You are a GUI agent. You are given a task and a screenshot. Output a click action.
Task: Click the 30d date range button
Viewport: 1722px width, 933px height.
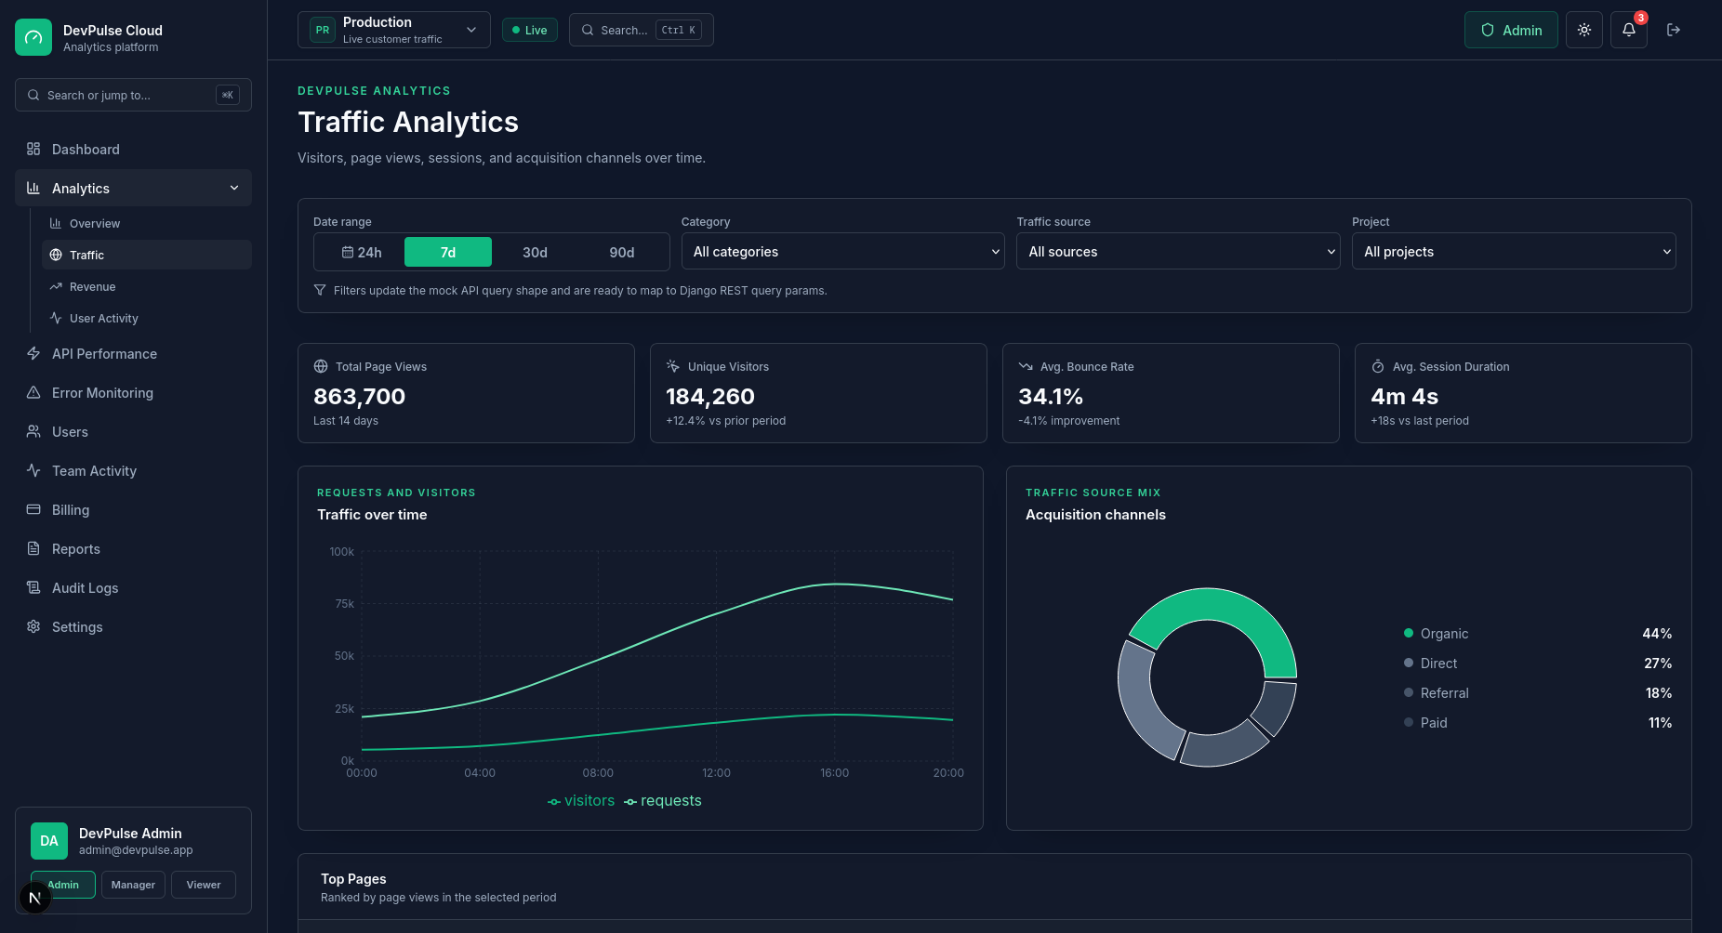tap(535, 252)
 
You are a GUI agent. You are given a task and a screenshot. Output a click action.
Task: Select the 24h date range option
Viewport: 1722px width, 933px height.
tap(362, 252)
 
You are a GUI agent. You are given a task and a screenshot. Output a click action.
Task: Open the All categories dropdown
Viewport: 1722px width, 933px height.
tap(842, 251)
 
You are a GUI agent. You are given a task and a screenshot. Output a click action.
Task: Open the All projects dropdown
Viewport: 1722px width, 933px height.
tap(1514, 251)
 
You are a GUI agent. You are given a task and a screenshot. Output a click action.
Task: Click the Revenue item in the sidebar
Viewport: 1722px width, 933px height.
tap(93, 286)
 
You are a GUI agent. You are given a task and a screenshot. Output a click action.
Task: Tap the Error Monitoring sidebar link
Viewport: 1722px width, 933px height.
tap(102, 393)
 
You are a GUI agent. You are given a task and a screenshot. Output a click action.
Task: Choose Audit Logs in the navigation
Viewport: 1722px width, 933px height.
tap(85, 588)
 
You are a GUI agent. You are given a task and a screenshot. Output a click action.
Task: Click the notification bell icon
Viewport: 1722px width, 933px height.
tap(1629, 30)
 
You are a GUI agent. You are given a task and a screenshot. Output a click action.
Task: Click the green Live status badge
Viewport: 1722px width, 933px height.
tap(530, 30)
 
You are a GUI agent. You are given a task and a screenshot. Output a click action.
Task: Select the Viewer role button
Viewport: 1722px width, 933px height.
tap(204, 885)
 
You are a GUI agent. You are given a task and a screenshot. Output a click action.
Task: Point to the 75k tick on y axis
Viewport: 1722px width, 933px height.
tap(344, 604)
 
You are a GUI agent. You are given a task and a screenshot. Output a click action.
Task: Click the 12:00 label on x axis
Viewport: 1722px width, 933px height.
tap(716, 773)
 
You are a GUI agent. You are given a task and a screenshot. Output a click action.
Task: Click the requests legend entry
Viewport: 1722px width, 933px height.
tap(663, 801)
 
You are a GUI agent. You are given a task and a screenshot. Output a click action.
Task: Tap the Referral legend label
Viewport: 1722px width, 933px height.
tap(1445, 693)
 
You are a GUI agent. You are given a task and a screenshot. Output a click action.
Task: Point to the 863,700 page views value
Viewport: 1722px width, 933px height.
tap(360, 397)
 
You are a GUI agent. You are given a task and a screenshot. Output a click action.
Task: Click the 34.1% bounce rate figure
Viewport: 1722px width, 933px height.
tap(1051, 397)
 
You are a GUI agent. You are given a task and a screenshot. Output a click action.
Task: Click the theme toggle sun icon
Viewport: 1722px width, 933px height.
tap(1584, 30)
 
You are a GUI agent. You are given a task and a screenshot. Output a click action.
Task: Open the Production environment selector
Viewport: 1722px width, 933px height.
tap(394, 30)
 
